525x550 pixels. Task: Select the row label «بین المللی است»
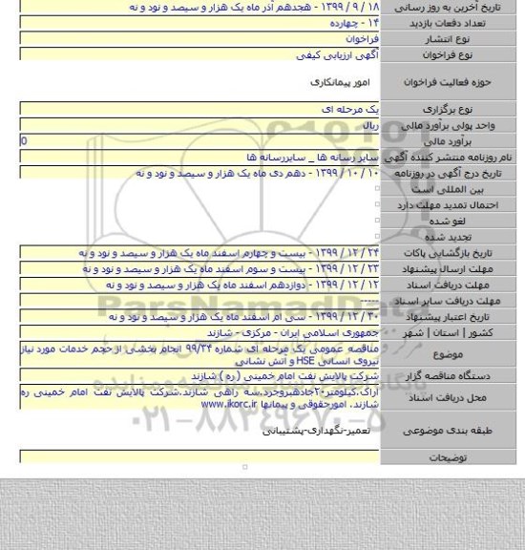[483, 192]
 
